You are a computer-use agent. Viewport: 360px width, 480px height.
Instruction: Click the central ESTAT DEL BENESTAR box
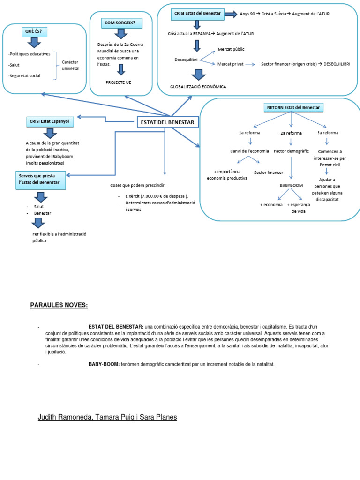pyautogui.click(x=167, y=123)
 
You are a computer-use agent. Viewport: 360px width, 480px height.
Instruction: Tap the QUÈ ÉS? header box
pyautogui.click(x=35, y=32)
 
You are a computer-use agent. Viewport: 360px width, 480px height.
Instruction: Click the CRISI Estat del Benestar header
pyautogui.click(x=197, y=14)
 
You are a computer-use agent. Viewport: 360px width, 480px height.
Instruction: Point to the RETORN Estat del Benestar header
pyautogui.click(x=293, y=108)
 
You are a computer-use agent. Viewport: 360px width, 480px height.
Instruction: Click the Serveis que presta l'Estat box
pyautogui.click(x=40, y=181)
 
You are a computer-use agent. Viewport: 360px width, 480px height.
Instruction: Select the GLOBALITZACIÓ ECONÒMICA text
pyautogui.click(x=198, y=87)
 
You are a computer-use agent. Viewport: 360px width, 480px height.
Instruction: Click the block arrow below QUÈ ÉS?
pyautogui.click(x=35, y=43)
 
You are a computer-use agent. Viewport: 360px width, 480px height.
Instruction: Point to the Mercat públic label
pyautogui.click(x=231, y=49)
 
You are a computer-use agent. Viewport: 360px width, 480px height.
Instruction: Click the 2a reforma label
pyautogui.click(x=291, y=133)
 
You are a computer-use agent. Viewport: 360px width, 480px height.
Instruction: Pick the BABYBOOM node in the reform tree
pyautogui.click(x=291, y=185)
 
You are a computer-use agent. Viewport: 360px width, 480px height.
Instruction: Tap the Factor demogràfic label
pyautogui.click(x=291, y=151)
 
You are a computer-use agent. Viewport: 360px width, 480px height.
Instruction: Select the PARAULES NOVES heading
pyautogui.click(x=59, y=305)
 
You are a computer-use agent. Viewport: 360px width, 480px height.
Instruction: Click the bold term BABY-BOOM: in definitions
pyautogui.click(x=104, y=364)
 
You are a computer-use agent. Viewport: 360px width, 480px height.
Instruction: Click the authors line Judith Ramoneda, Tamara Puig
pyautogui.click(x=107, y=417)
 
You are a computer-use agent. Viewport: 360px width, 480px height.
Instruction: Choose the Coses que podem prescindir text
pyautogui.click(x=138, y=185)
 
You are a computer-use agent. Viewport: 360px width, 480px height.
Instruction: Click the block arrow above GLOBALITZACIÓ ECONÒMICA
pyautogui.click(x=198, y=75)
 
